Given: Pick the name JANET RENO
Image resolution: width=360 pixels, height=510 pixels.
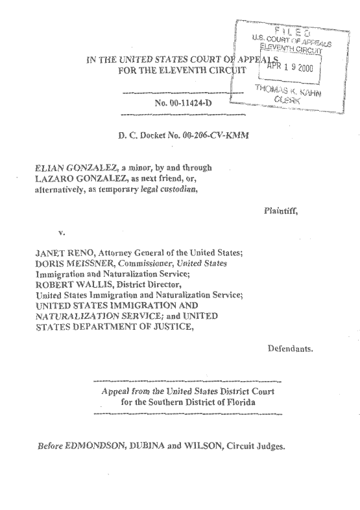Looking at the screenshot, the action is (x=58, y=253).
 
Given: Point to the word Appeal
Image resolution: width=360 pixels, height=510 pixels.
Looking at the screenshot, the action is (x=115, y=391).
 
